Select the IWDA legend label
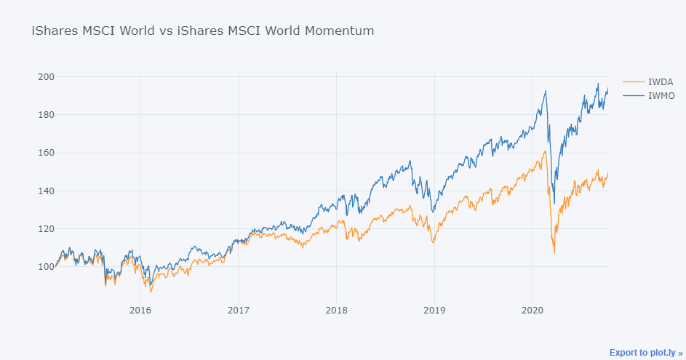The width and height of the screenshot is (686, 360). point(661,81)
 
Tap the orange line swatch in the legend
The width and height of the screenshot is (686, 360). point(634,81)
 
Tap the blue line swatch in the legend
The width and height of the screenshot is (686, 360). point(634,95)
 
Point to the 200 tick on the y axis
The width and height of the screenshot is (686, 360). point(47,76)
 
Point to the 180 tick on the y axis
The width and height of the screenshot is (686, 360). point(47,115)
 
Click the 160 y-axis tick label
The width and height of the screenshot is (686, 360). point(47,153)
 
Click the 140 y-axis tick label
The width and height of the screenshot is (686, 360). point(47,191)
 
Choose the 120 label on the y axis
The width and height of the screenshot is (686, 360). point(47,228)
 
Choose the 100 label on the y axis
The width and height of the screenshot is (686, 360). point(47,266)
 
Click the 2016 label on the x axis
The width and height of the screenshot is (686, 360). point(140,310)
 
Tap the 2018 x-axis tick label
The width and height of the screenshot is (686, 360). point(336,310)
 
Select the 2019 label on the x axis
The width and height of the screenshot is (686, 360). point(434,310)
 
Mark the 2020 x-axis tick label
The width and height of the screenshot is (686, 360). point(532,310)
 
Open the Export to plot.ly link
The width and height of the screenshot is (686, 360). point(646,353)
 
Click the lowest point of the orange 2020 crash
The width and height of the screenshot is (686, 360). point(554,253)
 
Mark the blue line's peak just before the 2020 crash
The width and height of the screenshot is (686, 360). point(546,91)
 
